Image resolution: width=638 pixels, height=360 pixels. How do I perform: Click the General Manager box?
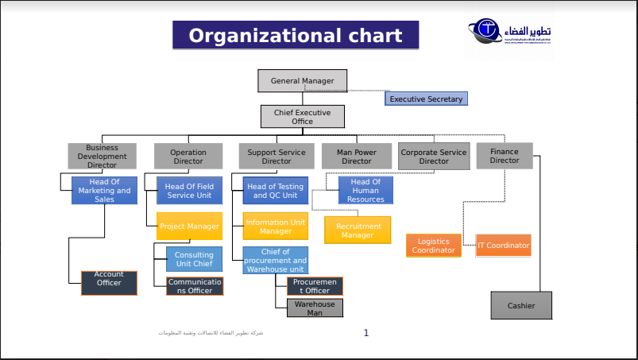[302, 81]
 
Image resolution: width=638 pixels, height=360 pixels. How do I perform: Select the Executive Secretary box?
[426, 99]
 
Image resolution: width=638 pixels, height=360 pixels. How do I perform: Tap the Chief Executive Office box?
[303, 117]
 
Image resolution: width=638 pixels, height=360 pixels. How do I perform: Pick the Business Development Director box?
[102, 156]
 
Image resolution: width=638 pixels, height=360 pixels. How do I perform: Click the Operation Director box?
[188, 157]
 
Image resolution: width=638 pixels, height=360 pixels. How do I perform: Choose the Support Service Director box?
[276, 157]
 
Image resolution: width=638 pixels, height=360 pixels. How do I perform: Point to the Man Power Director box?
[357, 157]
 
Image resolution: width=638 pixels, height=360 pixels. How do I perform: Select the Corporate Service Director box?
[434, 156]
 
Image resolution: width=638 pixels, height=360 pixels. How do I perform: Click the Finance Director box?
[505, 156]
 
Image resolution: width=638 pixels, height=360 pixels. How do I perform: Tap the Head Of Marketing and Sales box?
[104, 191]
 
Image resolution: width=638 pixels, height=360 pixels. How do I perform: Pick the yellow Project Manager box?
[189, 226]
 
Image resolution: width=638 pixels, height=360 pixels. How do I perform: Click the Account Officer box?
[110, 283]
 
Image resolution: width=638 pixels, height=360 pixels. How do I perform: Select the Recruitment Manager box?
[358, 230]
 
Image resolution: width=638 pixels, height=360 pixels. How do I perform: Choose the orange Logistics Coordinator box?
[434, 246]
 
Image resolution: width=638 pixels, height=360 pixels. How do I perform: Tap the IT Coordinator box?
[504, 246]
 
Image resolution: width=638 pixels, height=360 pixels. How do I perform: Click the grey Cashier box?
[521, 305]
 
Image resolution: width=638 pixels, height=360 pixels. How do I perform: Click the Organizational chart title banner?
[296, 36]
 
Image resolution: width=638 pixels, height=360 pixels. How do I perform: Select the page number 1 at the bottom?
[366, 333]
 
